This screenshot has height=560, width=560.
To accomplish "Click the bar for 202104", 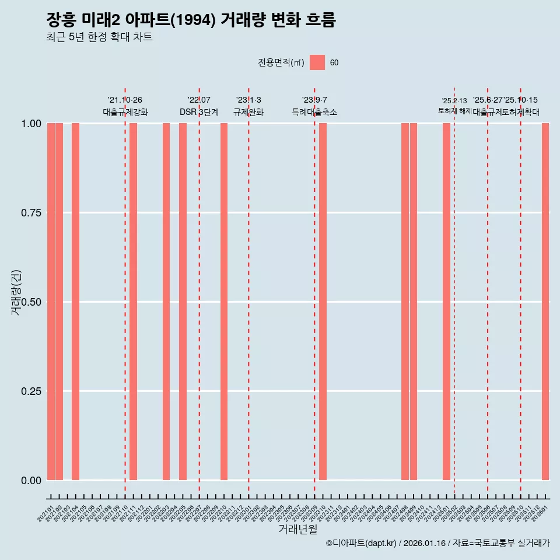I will coord(75,301).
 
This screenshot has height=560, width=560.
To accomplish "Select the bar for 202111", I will coord(133,301).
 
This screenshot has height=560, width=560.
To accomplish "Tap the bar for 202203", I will coord(166,301).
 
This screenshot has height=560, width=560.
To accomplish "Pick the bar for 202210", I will coord(224,301).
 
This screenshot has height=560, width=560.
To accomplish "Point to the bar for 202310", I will coord(323,301).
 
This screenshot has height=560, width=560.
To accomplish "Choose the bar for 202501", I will coord(446,301).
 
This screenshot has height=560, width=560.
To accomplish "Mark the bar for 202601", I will coord(545,301).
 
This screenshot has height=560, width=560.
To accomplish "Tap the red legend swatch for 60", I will coord(317,62).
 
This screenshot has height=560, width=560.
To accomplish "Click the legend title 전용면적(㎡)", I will coord(281,62).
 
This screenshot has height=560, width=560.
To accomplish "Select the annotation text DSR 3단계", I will coord(199,112).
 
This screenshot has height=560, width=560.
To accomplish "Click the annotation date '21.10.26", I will coord(125,100).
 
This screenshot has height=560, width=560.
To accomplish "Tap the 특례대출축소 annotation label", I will coord(314,112).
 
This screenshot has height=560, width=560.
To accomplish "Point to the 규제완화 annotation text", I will coord(249,112).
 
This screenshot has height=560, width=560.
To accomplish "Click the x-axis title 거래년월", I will coord(297,529).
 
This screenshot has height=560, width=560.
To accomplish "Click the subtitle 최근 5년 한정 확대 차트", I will coord(99,37).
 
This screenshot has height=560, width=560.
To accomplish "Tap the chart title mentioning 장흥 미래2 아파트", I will coord(191,20).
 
